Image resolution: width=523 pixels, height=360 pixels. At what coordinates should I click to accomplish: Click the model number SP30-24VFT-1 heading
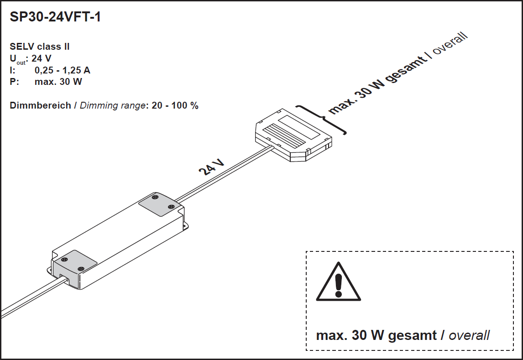[x=55, y=18]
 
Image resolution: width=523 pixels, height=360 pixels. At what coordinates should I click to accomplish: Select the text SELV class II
[x=40, y=47]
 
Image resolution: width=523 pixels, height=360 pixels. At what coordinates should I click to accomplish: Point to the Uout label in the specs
[x=18, y=59]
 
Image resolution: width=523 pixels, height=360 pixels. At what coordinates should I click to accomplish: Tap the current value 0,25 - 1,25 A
[x=63, y=70]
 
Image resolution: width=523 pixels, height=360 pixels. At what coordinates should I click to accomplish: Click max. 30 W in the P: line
[x=58, y=82]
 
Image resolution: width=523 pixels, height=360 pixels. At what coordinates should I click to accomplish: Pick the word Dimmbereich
[x=40, y=105]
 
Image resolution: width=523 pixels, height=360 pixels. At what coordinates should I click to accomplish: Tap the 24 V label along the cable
[x=212, y=167]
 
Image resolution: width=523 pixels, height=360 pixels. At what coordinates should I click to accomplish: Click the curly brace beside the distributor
[x=323, y=120]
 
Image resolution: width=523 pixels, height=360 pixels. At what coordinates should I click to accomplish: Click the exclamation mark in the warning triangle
[x=338, y=284]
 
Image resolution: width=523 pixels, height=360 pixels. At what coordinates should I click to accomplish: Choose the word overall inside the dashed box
[x=469, y=335]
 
